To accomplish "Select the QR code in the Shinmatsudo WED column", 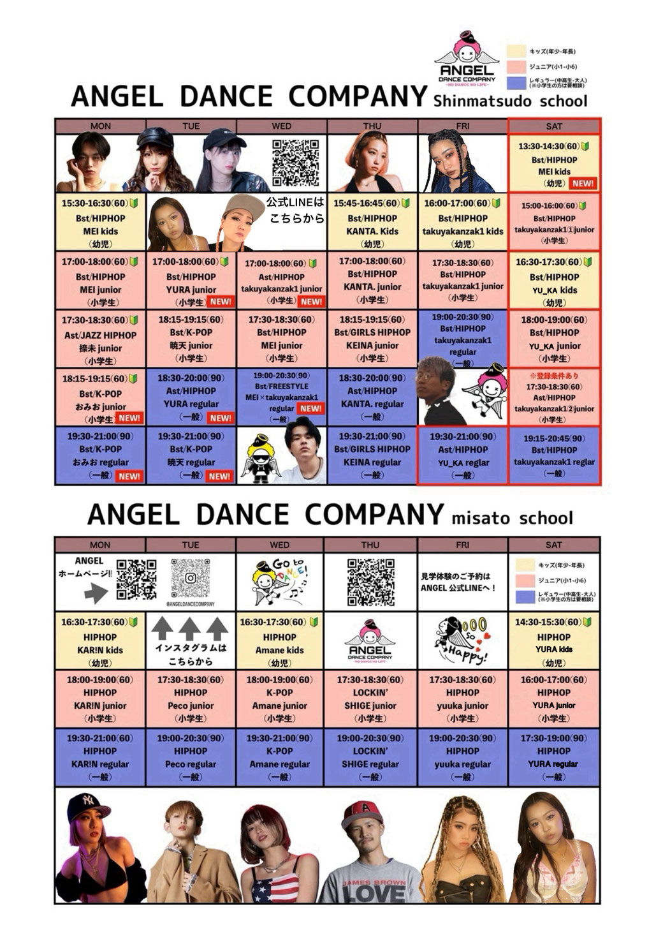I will click(x=295, y=162).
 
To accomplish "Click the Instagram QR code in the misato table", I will click(x=191, y=578).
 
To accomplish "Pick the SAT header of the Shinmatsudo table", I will click(x=554, y=126).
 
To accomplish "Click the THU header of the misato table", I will click(x=370, y=545).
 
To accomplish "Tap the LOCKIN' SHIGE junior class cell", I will click(x=370, y=699).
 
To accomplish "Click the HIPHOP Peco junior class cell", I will click(x=191, y=699).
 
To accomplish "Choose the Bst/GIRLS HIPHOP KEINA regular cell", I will click(x=372, y=455).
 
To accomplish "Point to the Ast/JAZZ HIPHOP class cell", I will click(x=100, y=339).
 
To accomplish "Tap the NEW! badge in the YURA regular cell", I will click(x=221, y=418).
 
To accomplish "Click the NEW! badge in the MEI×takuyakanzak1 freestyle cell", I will click(x=311, y=409).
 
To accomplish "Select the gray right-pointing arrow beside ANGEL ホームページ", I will click(x=96, y=594).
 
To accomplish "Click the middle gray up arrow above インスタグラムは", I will click(x=190, y=630).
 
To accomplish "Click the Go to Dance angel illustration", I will click(x=279, y=581).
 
